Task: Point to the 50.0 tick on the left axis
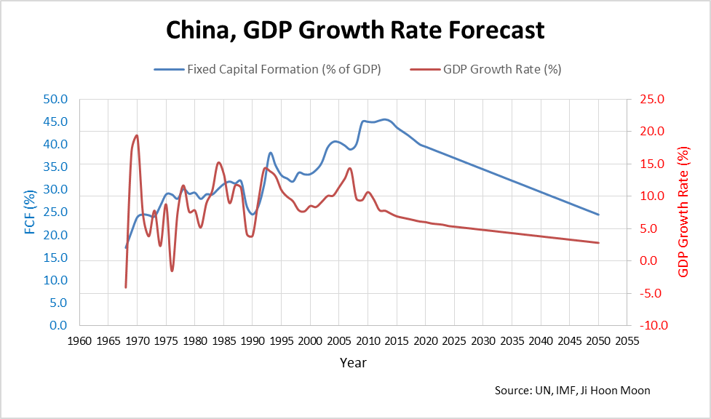coord(55,99)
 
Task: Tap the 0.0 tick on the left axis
coord(58,325)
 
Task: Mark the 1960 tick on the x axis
coord(79,340)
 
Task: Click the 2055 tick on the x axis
coord(627,340)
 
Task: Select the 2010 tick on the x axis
coord(368,340)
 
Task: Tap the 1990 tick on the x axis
coord(253,340)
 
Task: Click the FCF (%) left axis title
coord(30,212)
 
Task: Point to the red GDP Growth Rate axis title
coord(683,212)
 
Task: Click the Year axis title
coord(353,362)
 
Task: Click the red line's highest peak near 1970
coord(137,135)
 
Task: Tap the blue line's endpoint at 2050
coord(598,215)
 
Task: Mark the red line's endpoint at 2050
coord(598,243)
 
